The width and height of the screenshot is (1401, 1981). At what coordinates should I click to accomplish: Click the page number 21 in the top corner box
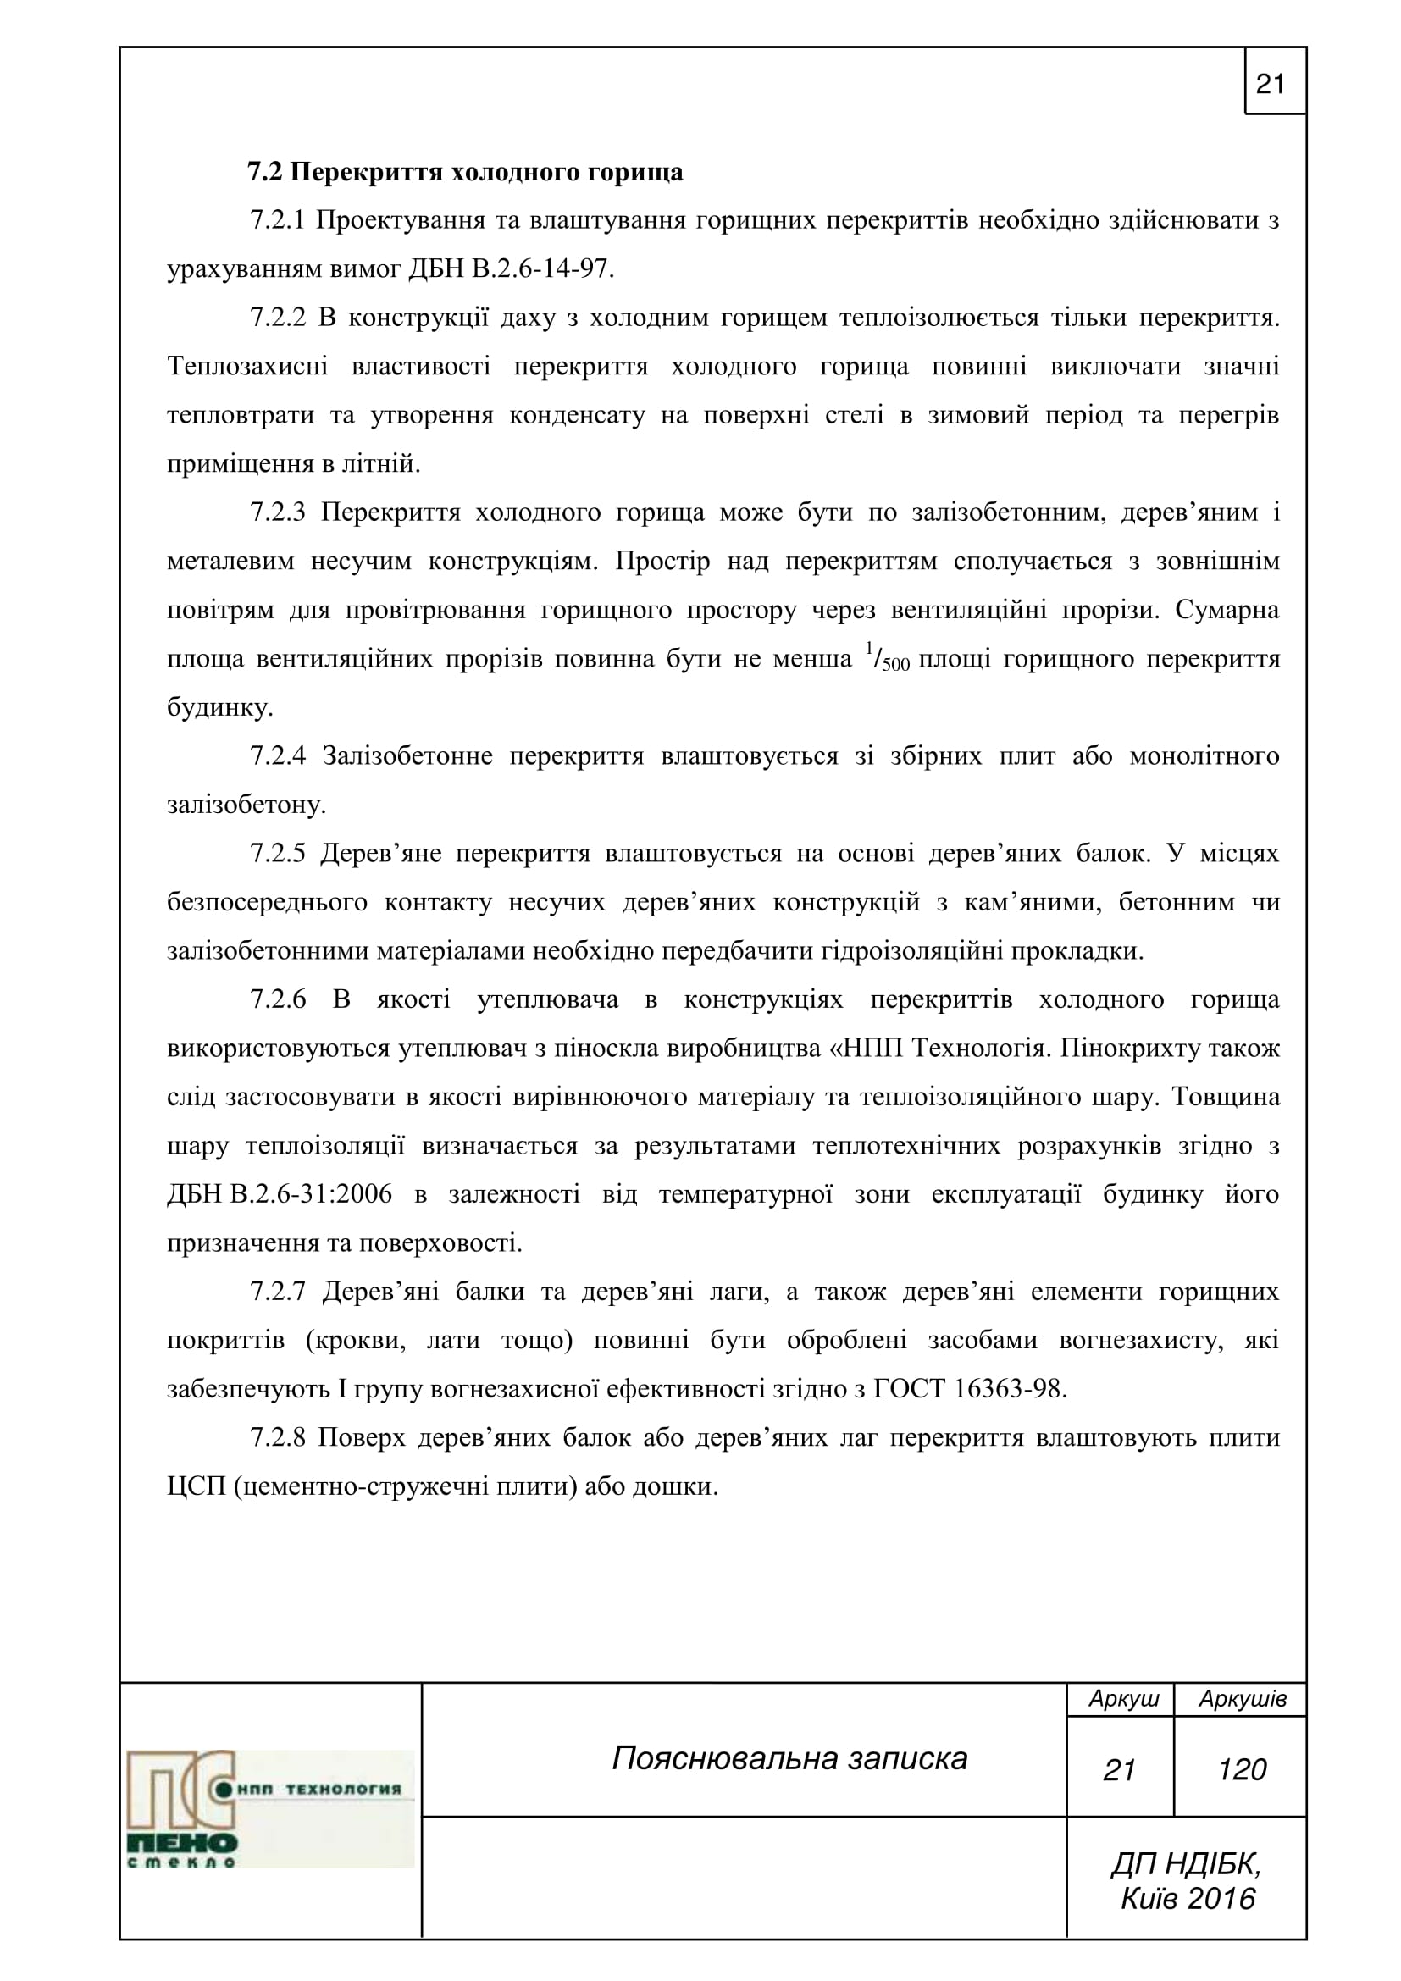(x=1270, y=85)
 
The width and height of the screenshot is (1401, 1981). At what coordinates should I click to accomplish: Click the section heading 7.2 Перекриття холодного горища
(x=465, y=173)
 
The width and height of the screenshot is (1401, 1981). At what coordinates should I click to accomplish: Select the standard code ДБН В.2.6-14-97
(x=510, y=269)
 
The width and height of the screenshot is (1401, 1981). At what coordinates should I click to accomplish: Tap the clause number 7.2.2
(x=278, y=318)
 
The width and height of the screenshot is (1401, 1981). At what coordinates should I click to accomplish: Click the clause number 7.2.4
(x=278, y=756)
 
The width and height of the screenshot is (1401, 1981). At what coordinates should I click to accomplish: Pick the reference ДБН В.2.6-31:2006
(x=280, y=1195)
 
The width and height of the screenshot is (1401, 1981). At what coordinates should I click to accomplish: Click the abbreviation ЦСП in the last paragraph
(x=196, y=1487)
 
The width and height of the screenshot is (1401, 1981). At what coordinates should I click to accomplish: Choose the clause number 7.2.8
(x=278, y=1438)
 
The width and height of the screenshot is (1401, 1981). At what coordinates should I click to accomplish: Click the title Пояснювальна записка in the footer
(x=789, y=1758)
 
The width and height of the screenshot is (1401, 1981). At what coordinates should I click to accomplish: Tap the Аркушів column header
(x=1243, y=1699)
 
